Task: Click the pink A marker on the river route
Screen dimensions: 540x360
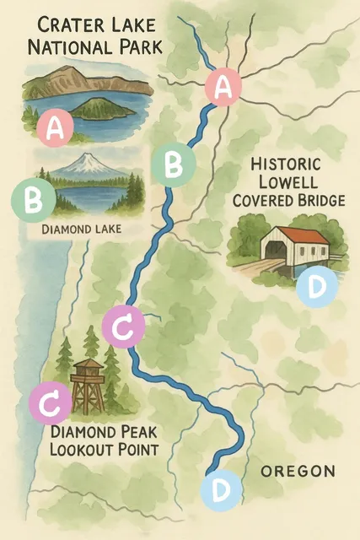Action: (223, 86)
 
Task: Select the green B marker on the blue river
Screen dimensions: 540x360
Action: (173, 165)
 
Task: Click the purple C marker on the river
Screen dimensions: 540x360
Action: (122, 328)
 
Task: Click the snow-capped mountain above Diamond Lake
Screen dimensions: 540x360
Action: (84, 165)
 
